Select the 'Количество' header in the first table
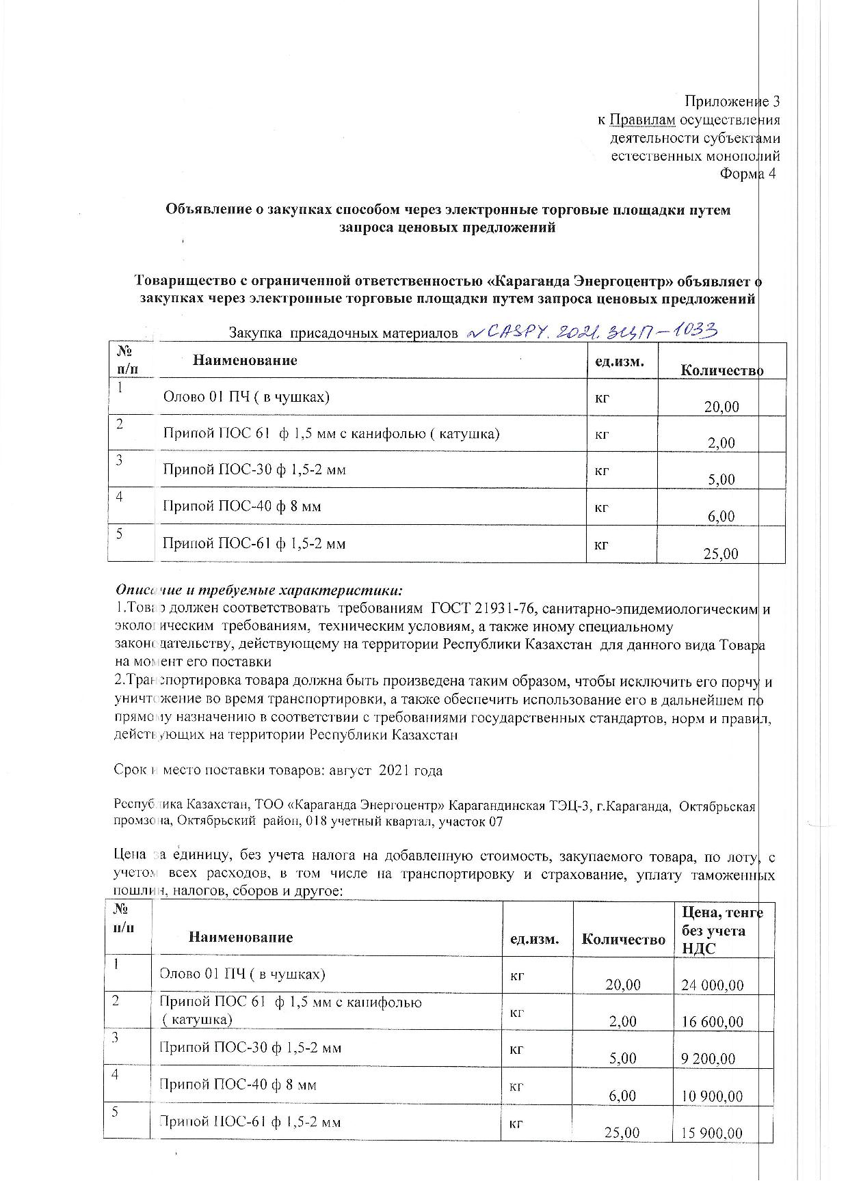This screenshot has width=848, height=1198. pos(721,370)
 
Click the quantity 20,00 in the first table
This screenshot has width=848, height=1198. pos(721,407)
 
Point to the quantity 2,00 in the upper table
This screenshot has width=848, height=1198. pos(721,443)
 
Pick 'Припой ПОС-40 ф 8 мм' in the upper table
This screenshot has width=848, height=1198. pos(241,506)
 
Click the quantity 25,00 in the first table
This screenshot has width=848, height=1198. pos(721,554)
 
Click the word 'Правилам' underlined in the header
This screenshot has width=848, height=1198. pos(642,120)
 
